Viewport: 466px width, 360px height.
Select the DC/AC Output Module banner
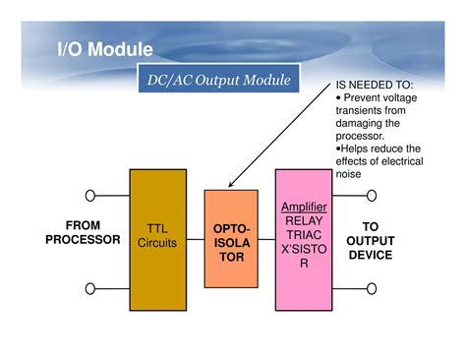214,80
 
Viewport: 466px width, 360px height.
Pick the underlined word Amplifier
304,209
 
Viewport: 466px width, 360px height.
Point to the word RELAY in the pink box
304,221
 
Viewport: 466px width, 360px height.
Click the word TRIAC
304,236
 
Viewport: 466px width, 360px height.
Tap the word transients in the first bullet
359,112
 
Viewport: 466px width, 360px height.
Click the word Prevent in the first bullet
366,98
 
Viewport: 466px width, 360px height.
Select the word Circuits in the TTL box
157,243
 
